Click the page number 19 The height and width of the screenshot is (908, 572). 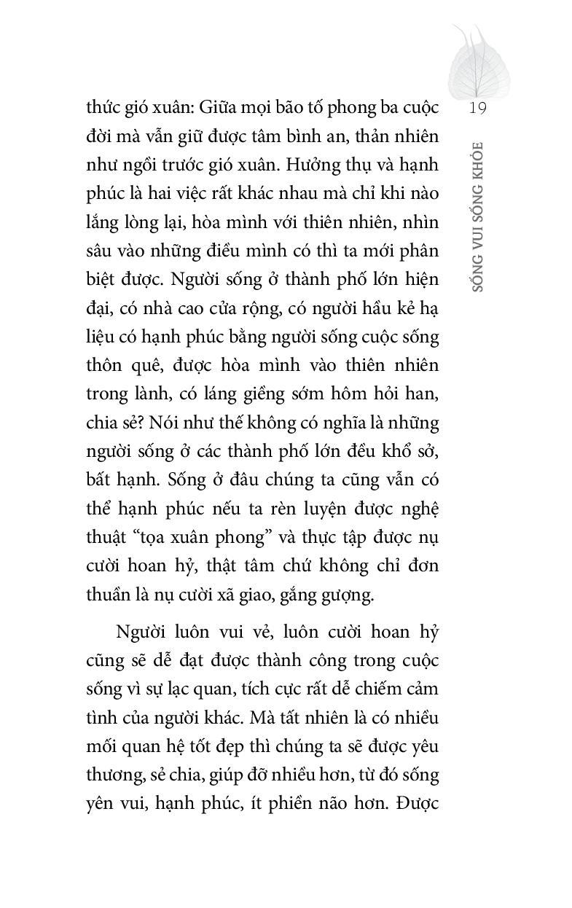pos(478,109)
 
